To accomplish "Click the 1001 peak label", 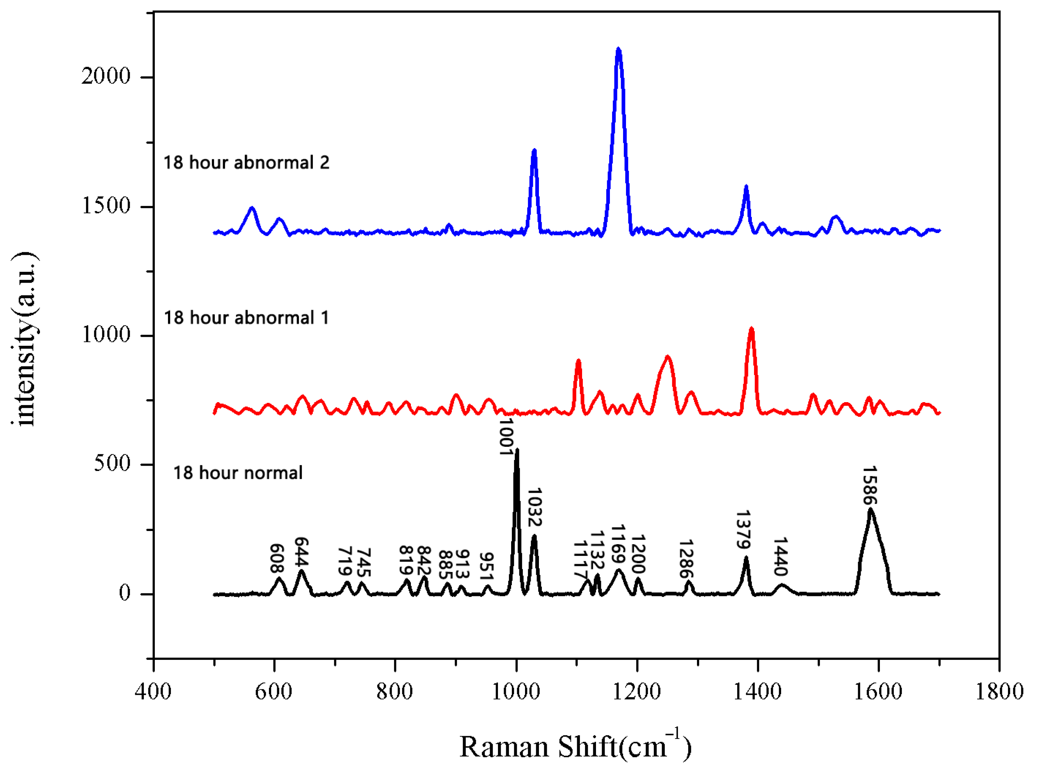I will coord(506,437).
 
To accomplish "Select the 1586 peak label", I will coord(870,486).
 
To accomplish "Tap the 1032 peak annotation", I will coord(534,507).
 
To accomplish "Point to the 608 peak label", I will coord(277,558).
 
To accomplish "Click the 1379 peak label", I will coord(743,530).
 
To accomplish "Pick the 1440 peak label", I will coord(780,556).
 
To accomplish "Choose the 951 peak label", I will coord(486,567).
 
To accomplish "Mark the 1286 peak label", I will coord(686,558).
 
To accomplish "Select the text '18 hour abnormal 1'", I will coord(246,318).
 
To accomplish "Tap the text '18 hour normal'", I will coord(238,473).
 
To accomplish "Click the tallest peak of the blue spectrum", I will coord(618,49).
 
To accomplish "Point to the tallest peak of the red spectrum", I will coord(752,329).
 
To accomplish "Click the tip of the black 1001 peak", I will coord(517,450).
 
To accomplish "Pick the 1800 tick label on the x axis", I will coord(999,692).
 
